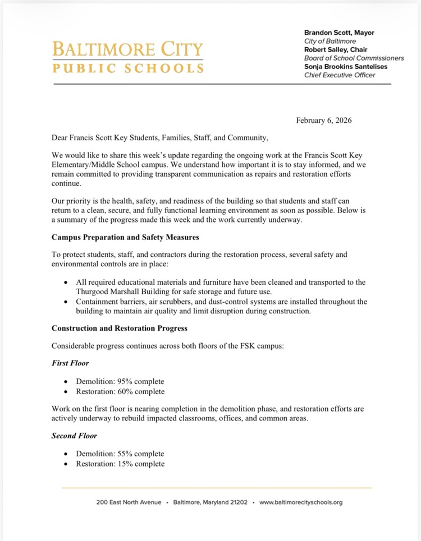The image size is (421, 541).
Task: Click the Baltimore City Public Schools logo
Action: point(128,57)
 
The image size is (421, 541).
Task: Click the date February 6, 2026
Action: point(324,121)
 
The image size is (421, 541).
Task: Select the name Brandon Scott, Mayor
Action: point(339,33)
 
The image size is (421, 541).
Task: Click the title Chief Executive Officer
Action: point(340,75)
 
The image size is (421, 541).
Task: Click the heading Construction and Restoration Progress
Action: point(119,328)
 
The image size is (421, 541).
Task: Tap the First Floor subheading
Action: point(70,363)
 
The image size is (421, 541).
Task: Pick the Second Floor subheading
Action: point(74,436)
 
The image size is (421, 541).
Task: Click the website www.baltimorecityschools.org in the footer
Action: point(301,502)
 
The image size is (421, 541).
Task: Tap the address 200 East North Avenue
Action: point(129,502)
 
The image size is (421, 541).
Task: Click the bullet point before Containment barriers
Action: point(67,302)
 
